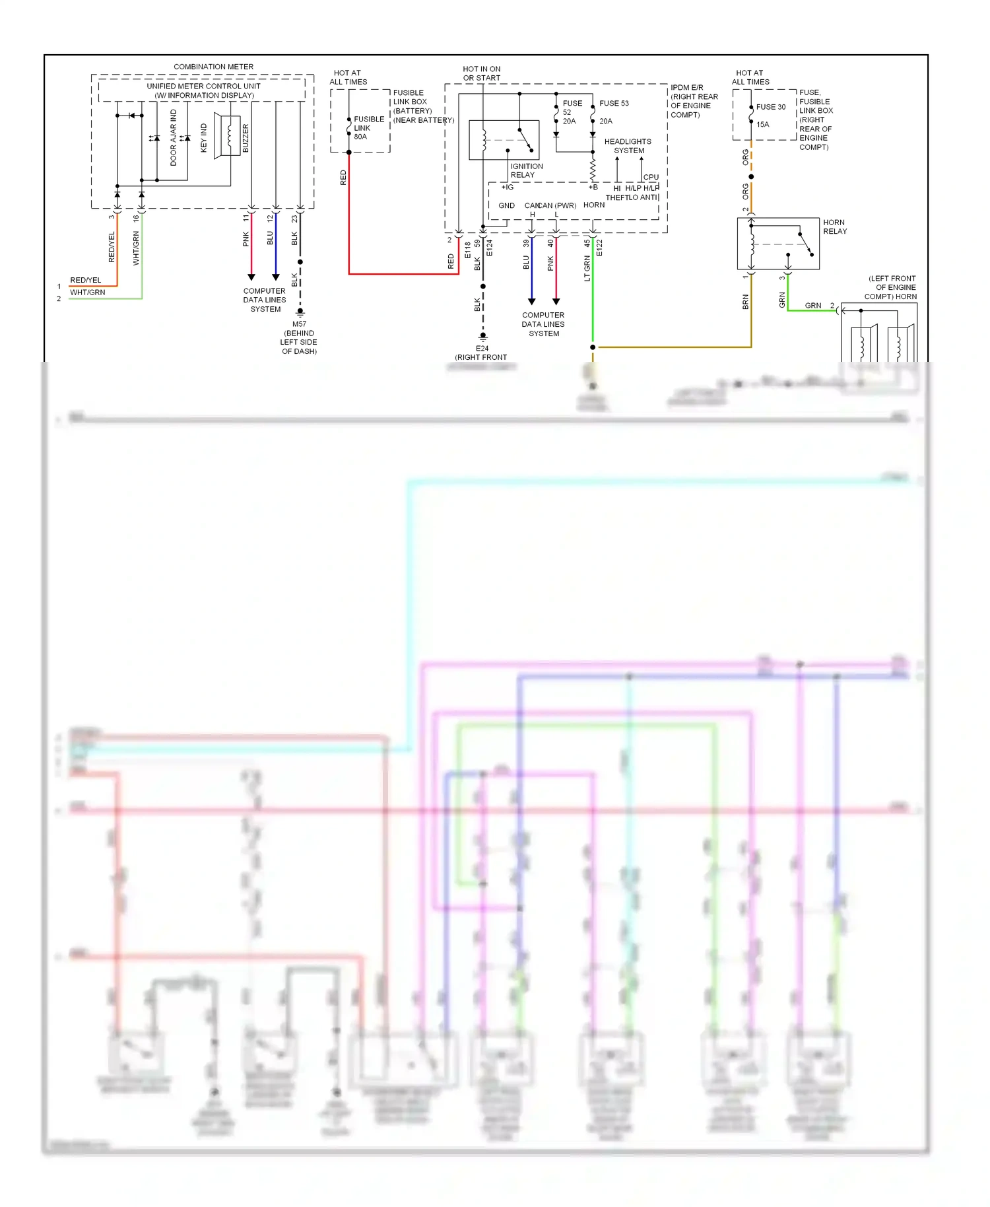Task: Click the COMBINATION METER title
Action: point(213,67)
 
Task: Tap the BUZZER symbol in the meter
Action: point(228,136)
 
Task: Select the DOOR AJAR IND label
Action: point(174,137)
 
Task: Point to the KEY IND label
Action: point(203,137)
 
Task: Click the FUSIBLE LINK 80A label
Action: point(368,128)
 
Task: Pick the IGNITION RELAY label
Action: point(526,170)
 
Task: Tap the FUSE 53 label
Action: point(614,104)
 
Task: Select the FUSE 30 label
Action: point(770,107)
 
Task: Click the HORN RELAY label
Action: point(834,226)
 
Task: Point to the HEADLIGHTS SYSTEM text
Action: point(628,146)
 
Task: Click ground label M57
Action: point(299,324)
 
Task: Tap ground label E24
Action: point(482,349)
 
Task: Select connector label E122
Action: point(599,248)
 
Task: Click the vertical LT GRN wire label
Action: point(587,269)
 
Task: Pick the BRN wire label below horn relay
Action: point(745,302)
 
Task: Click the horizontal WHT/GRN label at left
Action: point(87,293)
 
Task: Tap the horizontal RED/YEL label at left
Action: point(86,280)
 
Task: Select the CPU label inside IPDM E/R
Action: point(651,177)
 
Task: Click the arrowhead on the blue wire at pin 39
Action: point(531,301)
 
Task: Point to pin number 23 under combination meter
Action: point(294,219)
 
